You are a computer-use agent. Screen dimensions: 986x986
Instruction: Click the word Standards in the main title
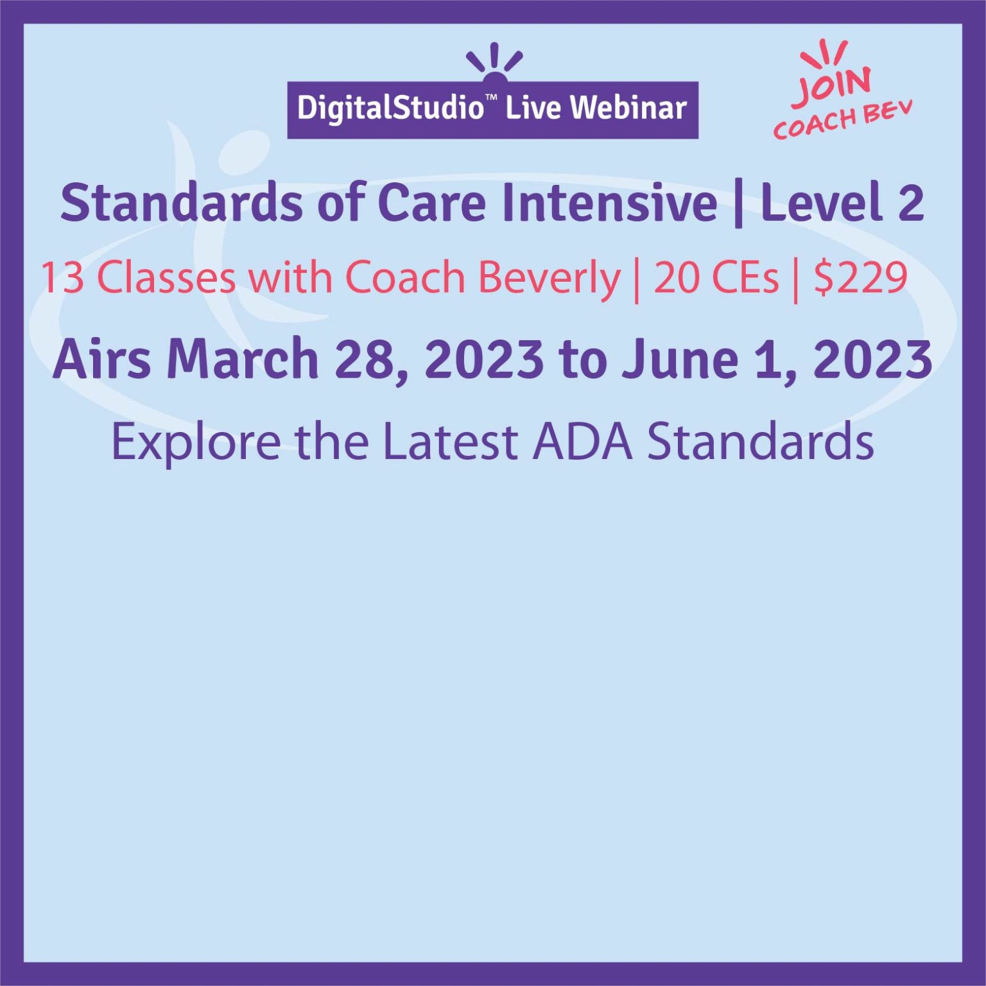tap(181, 202)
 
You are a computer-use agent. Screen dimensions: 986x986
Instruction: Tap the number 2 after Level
tap(910, 203)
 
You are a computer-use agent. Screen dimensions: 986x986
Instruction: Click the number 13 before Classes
tap(62, 278)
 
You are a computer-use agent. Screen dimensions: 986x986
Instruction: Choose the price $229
tap(860, 278)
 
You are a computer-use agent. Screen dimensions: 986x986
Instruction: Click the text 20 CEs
tap(716, 278)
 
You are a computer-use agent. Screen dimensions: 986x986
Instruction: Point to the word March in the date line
tap(243, 359)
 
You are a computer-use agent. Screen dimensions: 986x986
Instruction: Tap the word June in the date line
tap(680, 359)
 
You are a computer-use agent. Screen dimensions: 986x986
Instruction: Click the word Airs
tap(101, 359)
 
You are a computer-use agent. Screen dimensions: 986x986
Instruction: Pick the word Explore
tap(196, 443)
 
